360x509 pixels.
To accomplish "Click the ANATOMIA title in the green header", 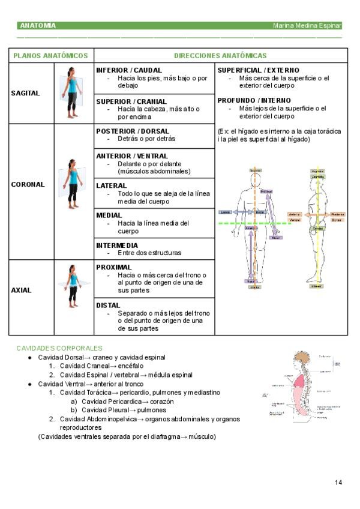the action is (38, 26).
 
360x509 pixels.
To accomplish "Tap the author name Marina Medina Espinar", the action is (307, 26).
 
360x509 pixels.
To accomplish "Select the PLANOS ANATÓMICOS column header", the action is (51, 56).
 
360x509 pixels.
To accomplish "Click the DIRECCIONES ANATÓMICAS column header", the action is (220, 56).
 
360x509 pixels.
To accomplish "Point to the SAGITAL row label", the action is (26, 94).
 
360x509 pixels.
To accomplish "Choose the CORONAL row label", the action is (28, 185).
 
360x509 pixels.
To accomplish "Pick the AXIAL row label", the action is (22, 291).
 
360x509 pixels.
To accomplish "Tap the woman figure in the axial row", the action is (73, 287).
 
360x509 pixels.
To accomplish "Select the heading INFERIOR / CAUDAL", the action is (129, 70).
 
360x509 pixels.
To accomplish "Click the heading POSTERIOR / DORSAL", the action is (133, 131).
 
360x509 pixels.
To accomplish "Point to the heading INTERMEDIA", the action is (117, 245).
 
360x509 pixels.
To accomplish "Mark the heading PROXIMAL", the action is (114, 267).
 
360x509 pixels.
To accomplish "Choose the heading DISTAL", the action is (109, 306).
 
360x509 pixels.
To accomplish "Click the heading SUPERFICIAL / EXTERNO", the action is (258, 70).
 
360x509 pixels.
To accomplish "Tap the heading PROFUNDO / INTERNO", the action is (254, 100).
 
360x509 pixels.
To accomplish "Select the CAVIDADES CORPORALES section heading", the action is (59, 348).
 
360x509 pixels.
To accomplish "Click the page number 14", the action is (338, 483).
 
